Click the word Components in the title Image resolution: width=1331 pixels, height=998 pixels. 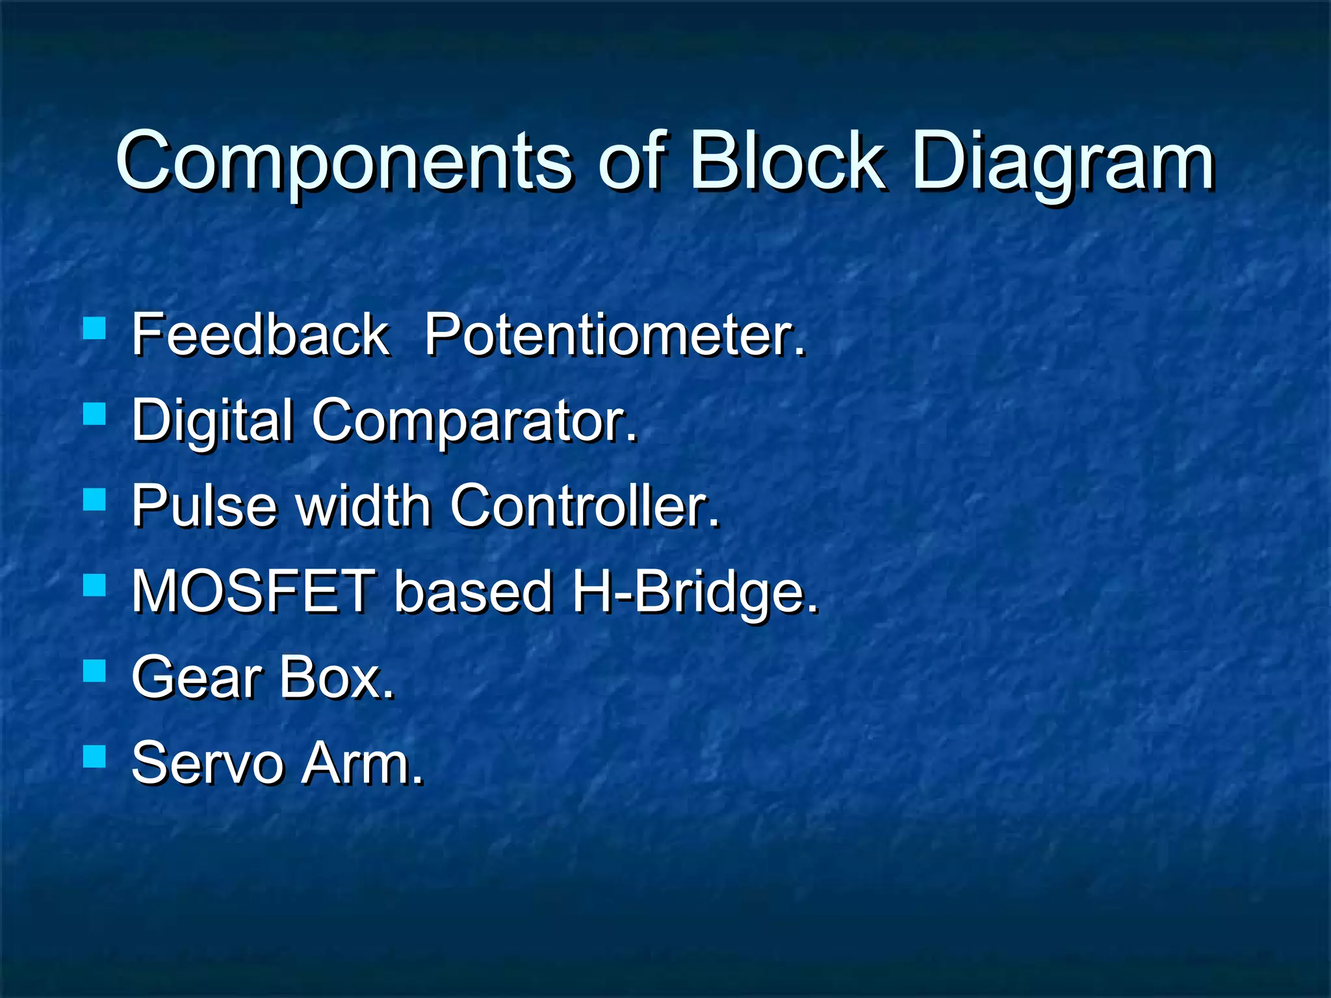(x=344, y=162)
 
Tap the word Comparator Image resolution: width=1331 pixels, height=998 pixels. (x=474, y=421)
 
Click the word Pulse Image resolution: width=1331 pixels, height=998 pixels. (x=204, y=507)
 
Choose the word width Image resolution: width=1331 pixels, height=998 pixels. (x=364, y=507)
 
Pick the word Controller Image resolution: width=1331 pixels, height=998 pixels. (x=585, y=507)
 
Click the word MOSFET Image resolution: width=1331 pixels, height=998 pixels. (x=253, y=591)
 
